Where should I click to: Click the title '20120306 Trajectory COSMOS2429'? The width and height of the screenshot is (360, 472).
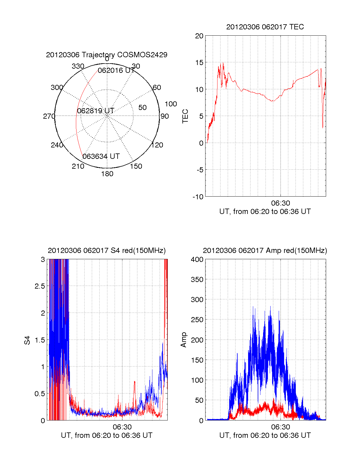(106, 55)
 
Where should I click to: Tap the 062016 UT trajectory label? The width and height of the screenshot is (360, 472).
(116, 70)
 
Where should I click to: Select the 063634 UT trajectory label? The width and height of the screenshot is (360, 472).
(101, 156)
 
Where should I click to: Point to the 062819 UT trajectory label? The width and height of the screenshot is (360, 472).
(96, 111)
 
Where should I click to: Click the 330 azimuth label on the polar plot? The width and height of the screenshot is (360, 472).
(78, 66)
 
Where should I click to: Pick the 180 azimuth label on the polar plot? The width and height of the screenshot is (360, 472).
(107, 174)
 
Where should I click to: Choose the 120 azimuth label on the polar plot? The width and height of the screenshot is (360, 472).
(157, 145)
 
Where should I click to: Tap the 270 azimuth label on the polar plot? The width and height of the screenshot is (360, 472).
(49, 116)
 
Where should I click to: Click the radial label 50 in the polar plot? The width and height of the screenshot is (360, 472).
(142, 108)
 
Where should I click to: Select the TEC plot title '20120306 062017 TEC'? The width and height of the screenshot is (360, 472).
(265, 27)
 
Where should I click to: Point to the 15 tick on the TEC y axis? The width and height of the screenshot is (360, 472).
(199, 63)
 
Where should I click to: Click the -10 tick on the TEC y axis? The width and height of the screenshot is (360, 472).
(198, 197)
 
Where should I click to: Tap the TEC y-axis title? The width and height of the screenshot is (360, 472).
(185, 116)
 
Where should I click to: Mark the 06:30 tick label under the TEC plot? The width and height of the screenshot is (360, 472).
(280, 203)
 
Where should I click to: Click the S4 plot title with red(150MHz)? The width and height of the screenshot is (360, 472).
(106, 251)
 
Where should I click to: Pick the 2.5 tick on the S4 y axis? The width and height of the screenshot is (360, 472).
(40, 286)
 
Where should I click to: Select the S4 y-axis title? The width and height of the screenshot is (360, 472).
(27, 340)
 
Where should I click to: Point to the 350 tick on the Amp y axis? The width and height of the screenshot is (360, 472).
(197, 280)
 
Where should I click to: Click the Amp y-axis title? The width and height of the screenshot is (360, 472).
(184, 340)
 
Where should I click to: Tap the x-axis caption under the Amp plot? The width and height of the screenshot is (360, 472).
(265, 435)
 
